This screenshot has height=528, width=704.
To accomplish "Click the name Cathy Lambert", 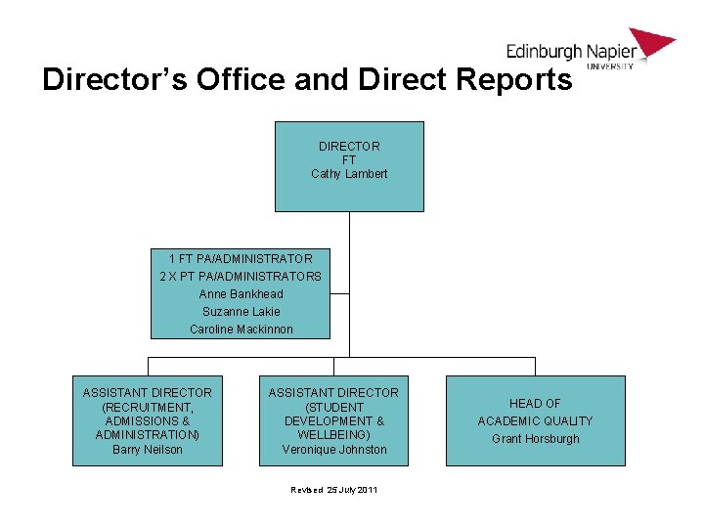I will click(x=349, y=174).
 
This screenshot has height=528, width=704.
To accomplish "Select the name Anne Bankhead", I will click(x=241, y=294).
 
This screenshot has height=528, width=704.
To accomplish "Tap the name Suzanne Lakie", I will click(x=241, y=312).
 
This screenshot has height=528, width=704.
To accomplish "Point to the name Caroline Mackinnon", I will click(x=241, y=330).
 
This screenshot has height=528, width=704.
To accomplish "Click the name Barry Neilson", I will click(x=148, y=450).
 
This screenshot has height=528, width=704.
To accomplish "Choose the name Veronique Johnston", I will click(x=334, y=450).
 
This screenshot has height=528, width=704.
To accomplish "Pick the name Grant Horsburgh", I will click(x=535, y=439).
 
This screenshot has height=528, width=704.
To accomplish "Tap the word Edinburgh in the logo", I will click(x=544, y=52).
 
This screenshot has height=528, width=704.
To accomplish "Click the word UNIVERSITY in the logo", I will click(x=611, y=66).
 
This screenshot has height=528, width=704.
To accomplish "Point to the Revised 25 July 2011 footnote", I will click(x=334, y=489).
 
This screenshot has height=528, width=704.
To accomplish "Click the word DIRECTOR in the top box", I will click(x=349, y=147).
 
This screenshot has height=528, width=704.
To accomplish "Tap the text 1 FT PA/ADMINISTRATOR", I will click(x=241, y=259).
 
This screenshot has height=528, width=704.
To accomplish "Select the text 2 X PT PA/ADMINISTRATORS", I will click(x=241, y=277).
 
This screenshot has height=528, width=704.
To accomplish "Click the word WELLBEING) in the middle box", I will click(x=334, y=435).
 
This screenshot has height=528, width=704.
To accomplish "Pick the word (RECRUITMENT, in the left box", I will click(x=148, y=407).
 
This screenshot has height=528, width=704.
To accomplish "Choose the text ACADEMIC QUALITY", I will click(x=535, y=421).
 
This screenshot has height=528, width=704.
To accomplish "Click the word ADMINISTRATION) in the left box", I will click(x=148, y=435).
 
